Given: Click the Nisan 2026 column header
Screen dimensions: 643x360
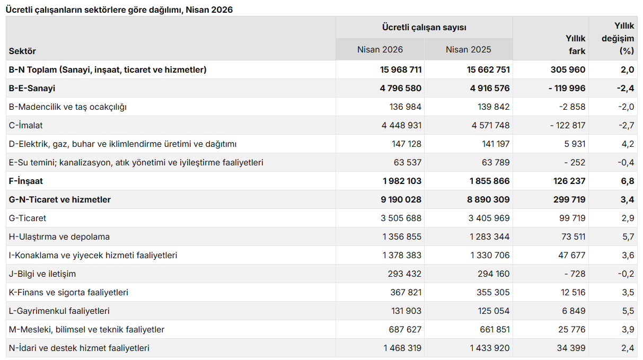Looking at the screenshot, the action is click(380, 50).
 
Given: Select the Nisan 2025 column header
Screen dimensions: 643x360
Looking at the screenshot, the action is click(468, 50).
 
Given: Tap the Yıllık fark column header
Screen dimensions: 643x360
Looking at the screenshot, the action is click(575, 45).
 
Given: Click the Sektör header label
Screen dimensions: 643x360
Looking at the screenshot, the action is click(22, 51).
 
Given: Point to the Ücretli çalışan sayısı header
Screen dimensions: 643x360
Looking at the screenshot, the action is click(424, 27).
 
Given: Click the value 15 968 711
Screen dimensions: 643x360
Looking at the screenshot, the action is click(401, 70).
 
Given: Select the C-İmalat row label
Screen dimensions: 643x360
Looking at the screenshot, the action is click(25, 125).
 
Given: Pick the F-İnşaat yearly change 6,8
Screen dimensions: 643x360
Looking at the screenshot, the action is click(627, 181).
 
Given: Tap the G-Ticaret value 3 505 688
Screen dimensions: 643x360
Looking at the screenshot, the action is click(401, 218).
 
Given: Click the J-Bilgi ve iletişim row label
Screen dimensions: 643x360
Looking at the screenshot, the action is click(42, 274).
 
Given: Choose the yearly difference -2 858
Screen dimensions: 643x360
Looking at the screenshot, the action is click(572, 107).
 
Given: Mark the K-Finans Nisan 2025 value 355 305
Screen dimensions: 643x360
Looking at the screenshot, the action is click(493, 292).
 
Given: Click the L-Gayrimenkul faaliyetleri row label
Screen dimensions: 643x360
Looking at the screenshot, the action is click(59, 311).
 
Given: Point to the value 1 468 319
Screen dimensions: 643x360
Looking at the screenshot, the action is click(402, 348).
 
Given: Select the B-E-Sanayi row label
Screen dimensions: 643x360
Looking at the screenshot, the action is click(32, 88).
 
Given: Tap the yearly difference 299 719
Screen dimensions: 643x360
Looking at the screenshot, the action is click(569, 199).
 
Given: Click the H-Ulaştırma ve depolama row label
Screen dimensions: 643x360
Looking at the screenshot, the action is click(59, 237).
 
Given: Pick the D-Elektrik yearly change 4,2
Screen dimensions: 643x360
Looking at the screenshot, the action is click(628, 144).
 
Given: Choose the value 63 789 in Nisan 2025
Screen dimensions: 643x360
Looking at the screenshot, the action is click(496, 162).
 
